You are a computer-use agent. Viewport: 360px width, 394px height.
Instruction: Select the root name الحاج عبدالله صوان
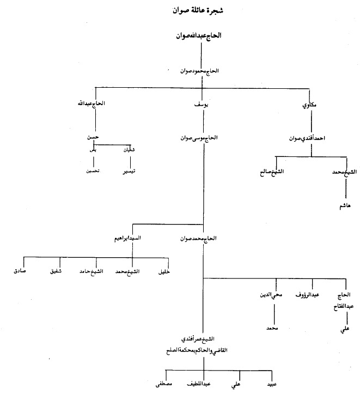tap(201, 36)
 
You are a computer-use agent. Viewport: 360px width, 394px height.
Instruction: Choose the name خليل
tap(163, 271)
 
